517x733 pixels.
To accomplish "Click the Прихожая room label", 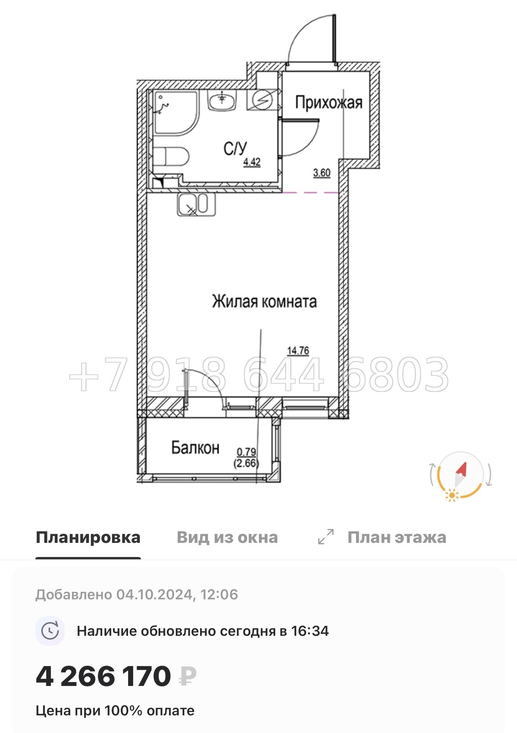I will (328, 102).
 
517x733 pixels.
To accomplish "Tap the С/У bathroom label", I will (235, 149).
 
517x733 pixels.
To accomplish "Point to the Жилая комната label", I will (264, 301).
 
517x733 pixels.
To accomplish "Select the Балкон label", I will (195, 448).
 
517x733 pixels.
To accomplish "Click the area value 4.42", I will (252, 161).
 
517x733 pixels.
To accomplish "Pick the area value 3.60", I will (322, 172).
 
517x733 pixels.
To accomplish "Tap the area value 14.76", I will (298, 350).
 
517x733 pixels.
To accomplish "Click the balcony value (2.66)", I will (246, 463).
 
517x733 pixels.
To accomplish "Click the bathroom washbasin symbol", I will (222, 101).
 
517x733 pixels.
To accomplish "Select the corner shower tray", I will (174, 112).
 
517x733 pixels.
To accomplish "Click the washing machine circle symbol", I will (262, 100).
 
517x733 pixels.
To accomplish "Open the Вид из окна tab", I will (227, 537).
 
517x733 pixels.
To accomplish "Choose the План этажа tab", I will (396, 537).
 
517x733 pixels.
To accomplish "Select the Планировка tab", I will (88, 537).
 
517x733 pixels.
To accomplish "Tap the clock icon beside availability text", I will (50, 631).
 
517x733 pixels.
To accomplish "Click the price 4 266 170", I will (103, 677).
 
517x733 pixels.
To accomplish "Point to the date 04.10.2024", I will (154, 595).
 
